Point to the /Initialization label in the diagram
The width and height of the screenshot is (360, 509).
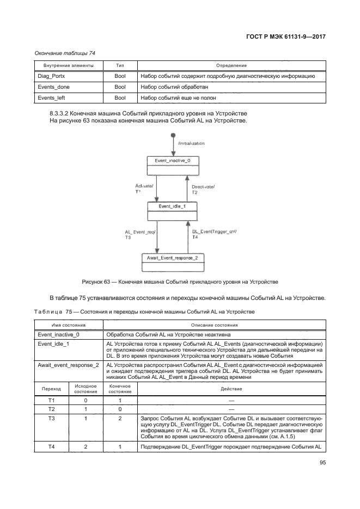191,143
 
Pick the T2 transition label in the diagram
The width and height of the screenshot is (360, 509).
194,193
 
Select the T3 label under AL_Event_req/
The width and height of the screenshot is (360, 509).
127,237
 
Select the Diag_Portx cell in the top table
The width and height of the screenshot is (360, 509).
50,76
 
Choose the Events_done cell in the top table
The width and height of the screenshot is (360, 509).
53,87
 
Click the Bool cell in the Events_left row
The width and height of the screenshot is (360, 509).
120,98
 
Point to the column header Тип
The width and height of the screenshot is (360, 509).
120,65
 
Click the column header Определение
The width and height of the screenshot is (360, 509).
231,65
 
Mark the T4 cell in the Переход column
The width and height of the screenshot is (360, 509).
51,447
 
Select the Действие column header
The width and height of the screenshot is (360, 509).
231,389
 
